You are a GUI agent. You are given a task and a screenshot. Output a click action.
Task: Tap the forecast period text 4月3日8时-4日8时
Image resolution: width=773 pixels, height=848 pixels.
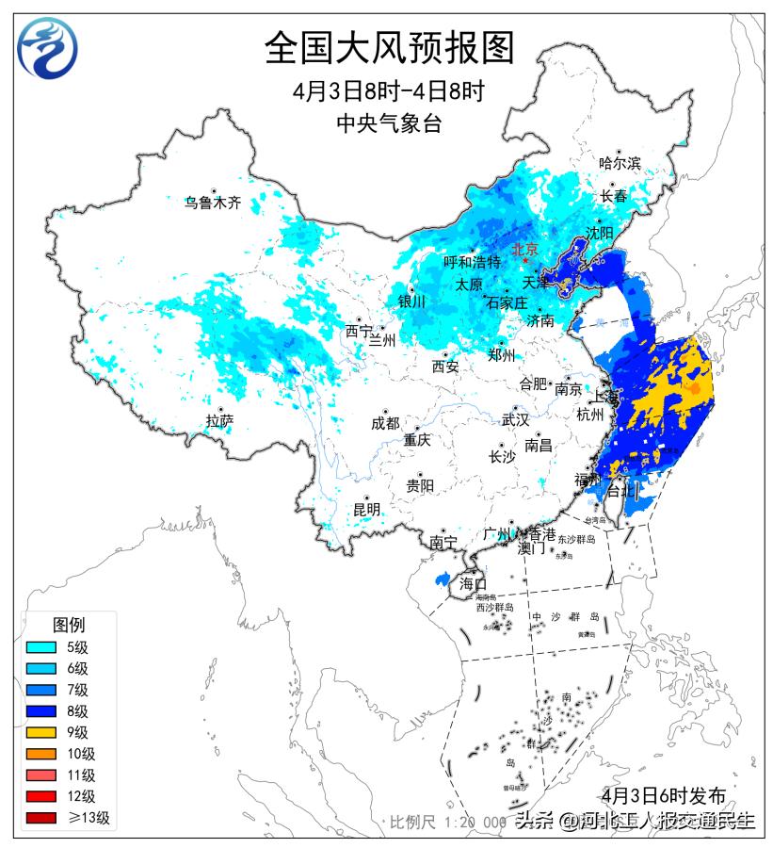coord(388,91)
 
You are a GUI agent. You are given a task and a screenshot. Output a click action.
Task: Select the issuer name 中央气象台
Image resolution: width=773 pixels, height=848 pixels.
coord(388,122)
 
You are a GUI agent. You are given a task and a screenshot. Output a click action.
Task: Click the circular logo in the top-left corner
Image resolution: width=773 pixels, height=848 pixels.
coord(48,47)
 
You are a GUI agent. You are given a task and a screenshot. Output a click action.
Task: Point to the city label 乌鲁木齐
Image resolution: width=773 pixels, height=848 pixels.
coord(213,202)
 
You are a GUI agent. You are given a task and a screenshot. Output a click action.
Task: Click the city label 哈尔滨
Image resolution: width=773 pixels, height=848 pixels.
coord(620,162)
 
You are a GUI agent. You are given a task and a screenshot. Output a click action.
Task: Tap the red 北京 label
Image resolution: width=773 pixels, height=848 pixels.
coord(523,250)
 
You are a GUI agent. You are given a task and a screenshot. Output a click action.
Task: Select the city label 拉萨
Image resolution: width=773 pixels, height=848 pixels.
coord(219,421)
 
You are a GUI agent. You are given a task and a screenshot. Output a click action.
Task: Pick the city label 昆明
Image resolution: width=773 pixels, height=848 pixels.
coord(366,510)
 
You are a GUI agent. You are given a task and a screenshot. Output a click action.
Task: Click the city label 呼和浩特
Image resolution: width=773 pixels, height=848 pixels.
coord(472,262)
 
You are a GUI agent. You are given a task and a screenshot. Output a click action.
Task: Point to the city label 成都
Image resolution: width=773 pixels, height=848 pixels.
coord(385,423)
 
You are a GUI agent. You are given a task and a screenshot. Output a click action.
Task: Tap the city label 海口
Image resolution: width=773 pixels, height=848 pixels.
coord(473,584)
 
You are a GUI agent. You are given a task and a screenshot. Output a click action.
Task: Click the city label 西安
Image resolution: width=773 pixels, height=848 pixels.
coord(445,367)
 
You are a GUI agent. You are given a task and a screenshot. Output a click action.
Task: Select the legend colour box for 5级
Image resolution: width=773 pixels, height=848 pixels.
coord(43,647)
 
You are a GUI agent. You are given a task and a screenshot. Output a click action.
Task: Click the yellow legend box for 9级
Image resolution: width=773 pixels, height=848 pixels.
coord(43,732)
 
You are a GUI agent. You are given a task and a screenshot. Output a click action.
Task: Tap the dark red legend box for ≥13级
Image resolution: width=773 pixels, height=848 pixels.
coord(43,818)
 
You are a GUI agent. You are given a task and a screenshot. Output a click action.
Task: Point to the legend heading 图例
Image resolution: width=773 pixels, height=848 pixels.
coord(69,625)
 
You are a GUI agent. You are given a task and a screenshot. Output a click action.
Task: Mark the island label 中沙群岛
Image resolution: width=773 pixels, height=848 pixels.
coord(565,617)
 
